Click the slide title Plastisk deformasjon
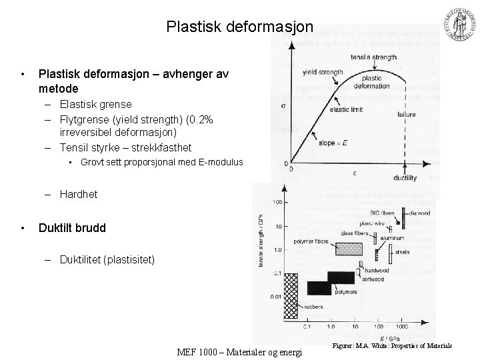coord(239,27)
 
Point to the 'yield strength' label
coord(323,72)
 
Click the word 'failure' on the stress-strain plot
coord(407,115)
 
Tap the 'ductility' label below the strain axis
coord(405,178)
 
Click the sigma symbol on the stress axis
coord(285,106)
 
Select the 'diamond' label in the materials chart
coord(419,213)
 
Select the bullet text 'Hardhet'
coord(78,194)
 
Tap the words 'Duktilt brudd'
coord(72,228)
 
